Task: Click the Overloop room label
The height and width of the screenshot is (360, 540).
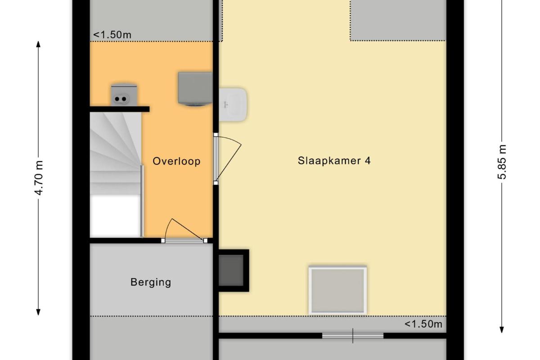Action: [x=176, y=161]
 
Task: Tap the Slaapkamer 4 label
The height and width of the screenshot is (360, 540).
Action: [x=334, y=161]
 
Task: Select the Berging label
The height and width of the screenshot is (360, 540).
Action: [x=151, y=282]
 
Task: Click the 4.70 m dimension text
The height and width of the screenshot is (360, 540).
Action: [x=39, y=178]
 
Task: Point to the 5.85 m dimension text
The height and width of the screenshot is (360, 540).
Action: [x=502, y=162]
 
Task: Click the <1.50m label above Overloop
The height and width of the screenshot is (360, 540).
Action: [x=112, y=35]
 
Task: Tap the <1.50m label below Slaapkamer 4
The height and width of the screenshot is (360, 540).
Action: [x=423, y=324]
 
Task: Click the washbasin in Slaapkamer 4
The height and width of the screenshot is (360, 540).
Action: [x=233, y=104]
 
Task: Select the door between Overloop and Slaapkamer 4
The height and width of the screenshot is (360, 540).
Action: [x=227, y=159]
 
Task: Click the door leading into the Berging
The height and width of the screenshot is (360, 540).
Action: [x=184, y=231]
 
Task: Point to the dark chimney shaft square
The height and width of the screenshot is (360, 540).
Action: [x=231, y=270]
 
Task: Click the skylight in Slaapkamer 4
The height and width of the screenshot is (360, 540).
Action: [x=338, y=291]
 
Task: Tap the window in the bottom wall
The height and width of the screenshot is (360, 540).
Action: [x=353, y=336]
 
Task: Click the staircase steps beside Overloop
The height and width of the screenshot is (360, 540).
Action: [x=116, y=153]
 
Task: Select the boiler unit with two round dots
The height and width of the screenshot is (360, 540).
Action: [x=124, y=95]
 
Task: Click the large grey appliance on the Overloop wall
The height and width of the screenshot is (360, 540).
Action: [x=195, y=89]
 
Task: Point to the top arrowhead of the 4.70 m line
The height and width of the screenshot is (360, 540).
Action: [x=38, y=44]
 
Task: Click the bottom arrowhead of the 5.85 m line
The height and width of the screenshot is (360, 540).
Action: [x=502, y=330]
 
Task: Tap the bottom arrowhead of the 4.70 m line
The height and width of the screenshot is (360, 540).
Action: [x=38, y=312]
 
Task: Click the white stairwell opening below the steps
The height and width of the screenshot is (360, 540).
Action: [x=115, y=216]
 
